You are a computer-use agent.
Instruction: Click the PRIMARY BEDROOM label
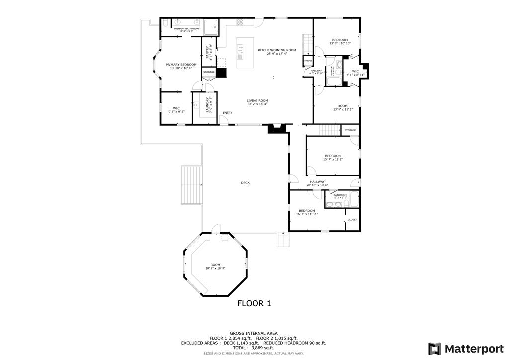pos(181,65)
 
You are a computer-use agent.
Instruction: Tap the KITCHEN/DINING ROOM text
pos(277,50)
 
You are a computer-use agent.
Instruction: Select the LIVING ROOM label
pos(257,101)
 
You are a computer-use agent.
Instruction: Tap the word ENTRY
pos(227,113)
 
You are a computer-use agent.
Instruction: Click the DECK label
pos(245,183)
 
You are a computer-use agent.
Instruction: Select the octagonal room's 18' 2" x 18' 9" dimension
pos(215,269)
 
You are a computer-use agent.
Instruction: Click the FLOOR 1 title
pos(254,303)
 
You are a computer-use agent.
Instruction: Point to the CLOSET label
pos(352,220)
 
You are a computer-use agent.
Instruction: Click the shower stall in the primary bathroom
pos(211,27)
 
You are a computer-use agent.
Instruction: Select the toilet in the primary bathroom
pos(165,24)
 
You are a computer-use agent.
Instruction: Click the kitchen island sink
pos(241,49)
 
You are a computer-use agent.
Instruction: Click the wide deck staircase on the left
pos(192,185)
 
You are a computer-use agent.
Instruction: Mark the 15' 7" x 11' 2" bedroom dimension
pos(333,160)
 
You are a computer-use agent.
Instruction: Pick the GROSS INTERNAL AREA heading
pos(254,333)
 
